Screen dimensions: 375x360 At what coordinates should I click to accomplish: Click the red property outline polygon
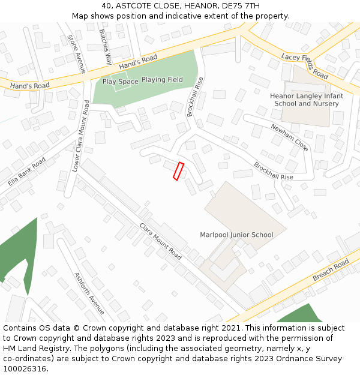point(178,171)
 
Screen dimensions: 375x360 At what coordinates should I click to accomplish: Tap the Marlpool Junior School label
point(236,235)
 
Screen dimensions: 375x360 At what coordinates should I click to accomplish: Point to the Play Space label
point(120,82)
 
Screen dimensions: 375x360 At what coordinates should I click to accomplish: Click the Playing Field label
point(162,80)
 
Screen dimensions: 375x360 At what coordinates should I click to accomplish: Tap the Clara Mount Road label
point(160,241)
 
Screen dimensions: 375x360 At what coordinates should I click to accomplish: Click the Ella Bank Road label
point(27,172)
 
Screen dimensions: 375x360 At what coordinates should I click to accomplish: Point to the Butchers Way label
point(106,46)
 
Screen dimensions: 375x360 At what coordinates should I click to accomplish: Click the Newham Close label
point(289,137)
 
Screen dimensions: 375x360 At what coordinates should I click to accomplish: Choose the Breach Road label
point(331,271)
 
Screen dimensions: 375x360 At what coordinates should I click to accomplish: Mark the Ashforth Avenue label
point(89,293)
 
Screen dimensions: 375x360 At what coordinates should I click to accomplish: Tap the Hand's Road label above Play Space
point(138,61)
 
